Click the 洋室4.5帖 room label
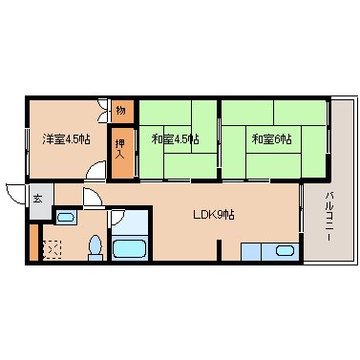[67, 139]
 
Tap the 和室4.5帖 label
[176, 139]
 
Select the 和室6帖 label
[271, 139]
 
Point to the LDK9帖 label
[214, 215]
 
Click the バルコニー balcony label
[328, 217]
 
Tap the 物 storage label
[120, 111]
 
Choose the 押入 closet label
[120, 149]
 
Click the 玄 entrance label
[37, 200]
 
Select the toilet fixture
[95, 248]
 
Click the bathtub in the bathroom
[130, 248]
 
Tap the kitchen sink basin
[285, 251]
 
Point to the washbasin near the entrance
[67, 218]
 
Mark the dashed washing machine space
[52, 250]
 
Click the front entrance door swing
[15, 195]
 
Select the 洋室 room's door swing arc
[95, 170]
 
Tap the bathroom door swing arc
[117, 217]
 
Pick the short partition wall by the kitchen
[219, 250]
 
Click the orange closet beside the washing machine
[34, 242]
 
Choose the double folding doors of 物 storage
[103, 111]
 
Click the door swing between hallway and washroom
[93, 198]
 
